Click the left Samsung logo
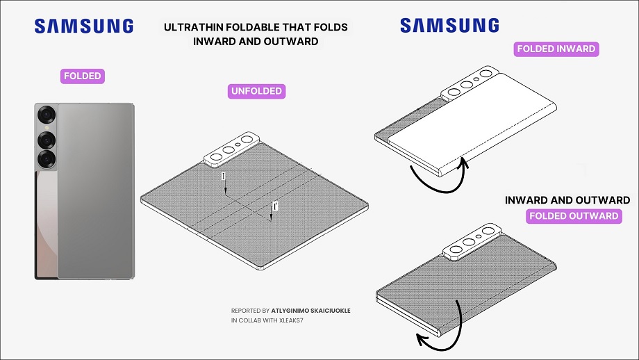[84, 26]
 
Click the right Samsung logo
[449, 25]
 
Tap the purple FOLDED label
[83, 76]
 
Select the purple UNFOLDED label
[256, 91]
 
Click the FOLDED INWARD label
[556, 49]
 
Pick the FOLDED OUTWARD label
[574, 216]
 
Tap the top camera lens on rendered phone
[47, 115]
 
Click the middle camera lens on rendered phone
[47, 140]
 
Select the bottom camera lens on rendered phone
[47, 158]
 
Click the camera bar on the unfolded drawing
[231, 149]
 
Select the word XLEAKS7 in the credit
[291, 320]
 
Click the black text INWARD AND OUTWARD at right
[567, 200]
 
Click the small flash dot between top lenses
[47, 128]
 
